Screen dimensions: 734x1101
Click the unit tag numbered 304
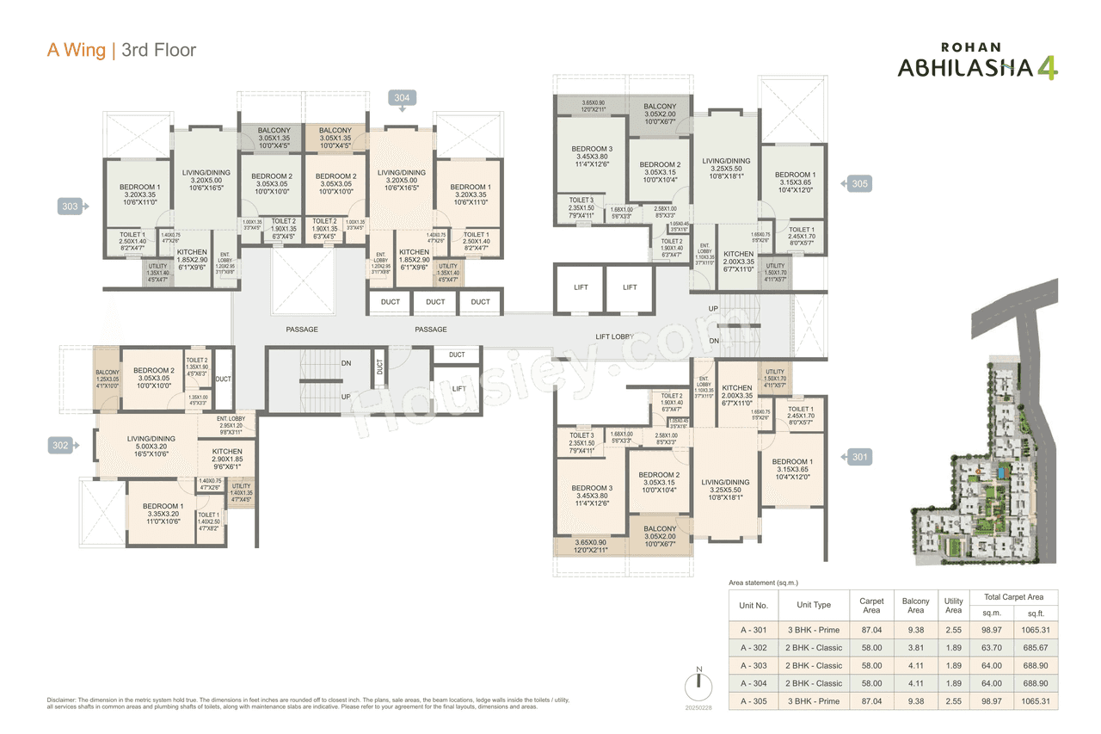402,98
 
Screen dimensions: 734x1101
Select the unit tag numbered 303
70,207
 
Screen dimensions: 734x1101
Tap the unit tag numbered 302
60,445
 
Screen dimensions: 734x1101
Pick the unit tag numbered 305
858,183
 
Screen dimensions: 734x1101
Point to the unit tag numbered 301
858,457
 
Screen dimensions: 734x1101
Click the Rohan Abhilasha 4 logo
977,62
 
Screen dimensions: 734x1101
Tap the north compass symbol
698,687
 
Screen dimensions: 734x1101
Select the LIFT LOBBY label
615,337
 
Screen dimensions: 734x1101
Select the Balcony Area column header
915,606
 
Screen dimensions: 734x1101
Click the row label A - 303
753,665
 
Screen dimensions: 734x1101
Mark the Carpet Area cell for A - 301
870,629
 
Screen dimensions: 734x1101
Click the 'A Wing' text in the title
77,50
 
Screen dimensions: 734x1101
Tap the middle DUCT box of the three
435,302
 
